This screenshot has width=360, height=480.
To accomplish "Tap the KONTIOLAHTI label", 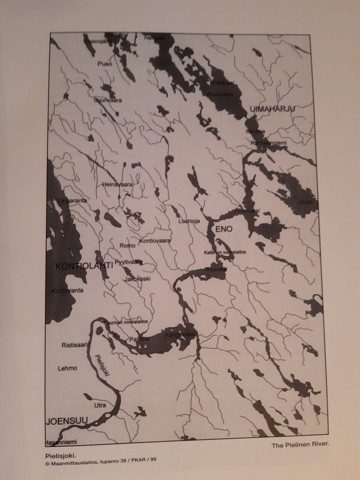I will click(84, 266).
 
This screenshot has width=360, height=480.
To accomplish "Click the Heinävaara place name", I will click(117, 185).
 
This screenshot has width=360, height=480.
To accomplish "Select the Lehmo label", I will click(67, 368).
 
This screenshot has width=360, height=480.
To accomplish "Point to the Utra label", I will click(100, 405).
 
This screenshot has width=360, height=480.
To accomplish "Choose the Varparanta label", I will click(71, 201).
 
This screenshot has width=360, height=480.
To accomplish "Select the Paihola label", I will click(139, 339).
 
